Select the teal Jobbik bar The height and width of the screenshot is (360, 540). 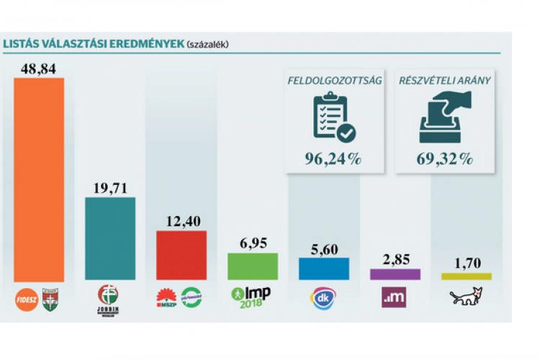click(109, 238)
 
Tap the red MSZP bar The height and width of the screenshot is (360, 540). click(181, 255)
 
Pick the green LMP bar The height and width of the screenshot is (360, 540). click(252, 266)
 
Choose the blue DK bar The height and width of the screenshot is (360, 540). click(323, 268)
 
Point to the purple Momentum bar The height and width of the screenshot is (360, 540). click(395, 274)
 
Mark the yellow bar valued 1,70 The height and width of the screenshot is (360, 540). click(466, 276)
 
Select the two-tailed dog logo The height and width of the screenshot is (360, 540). click(466, 297)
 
